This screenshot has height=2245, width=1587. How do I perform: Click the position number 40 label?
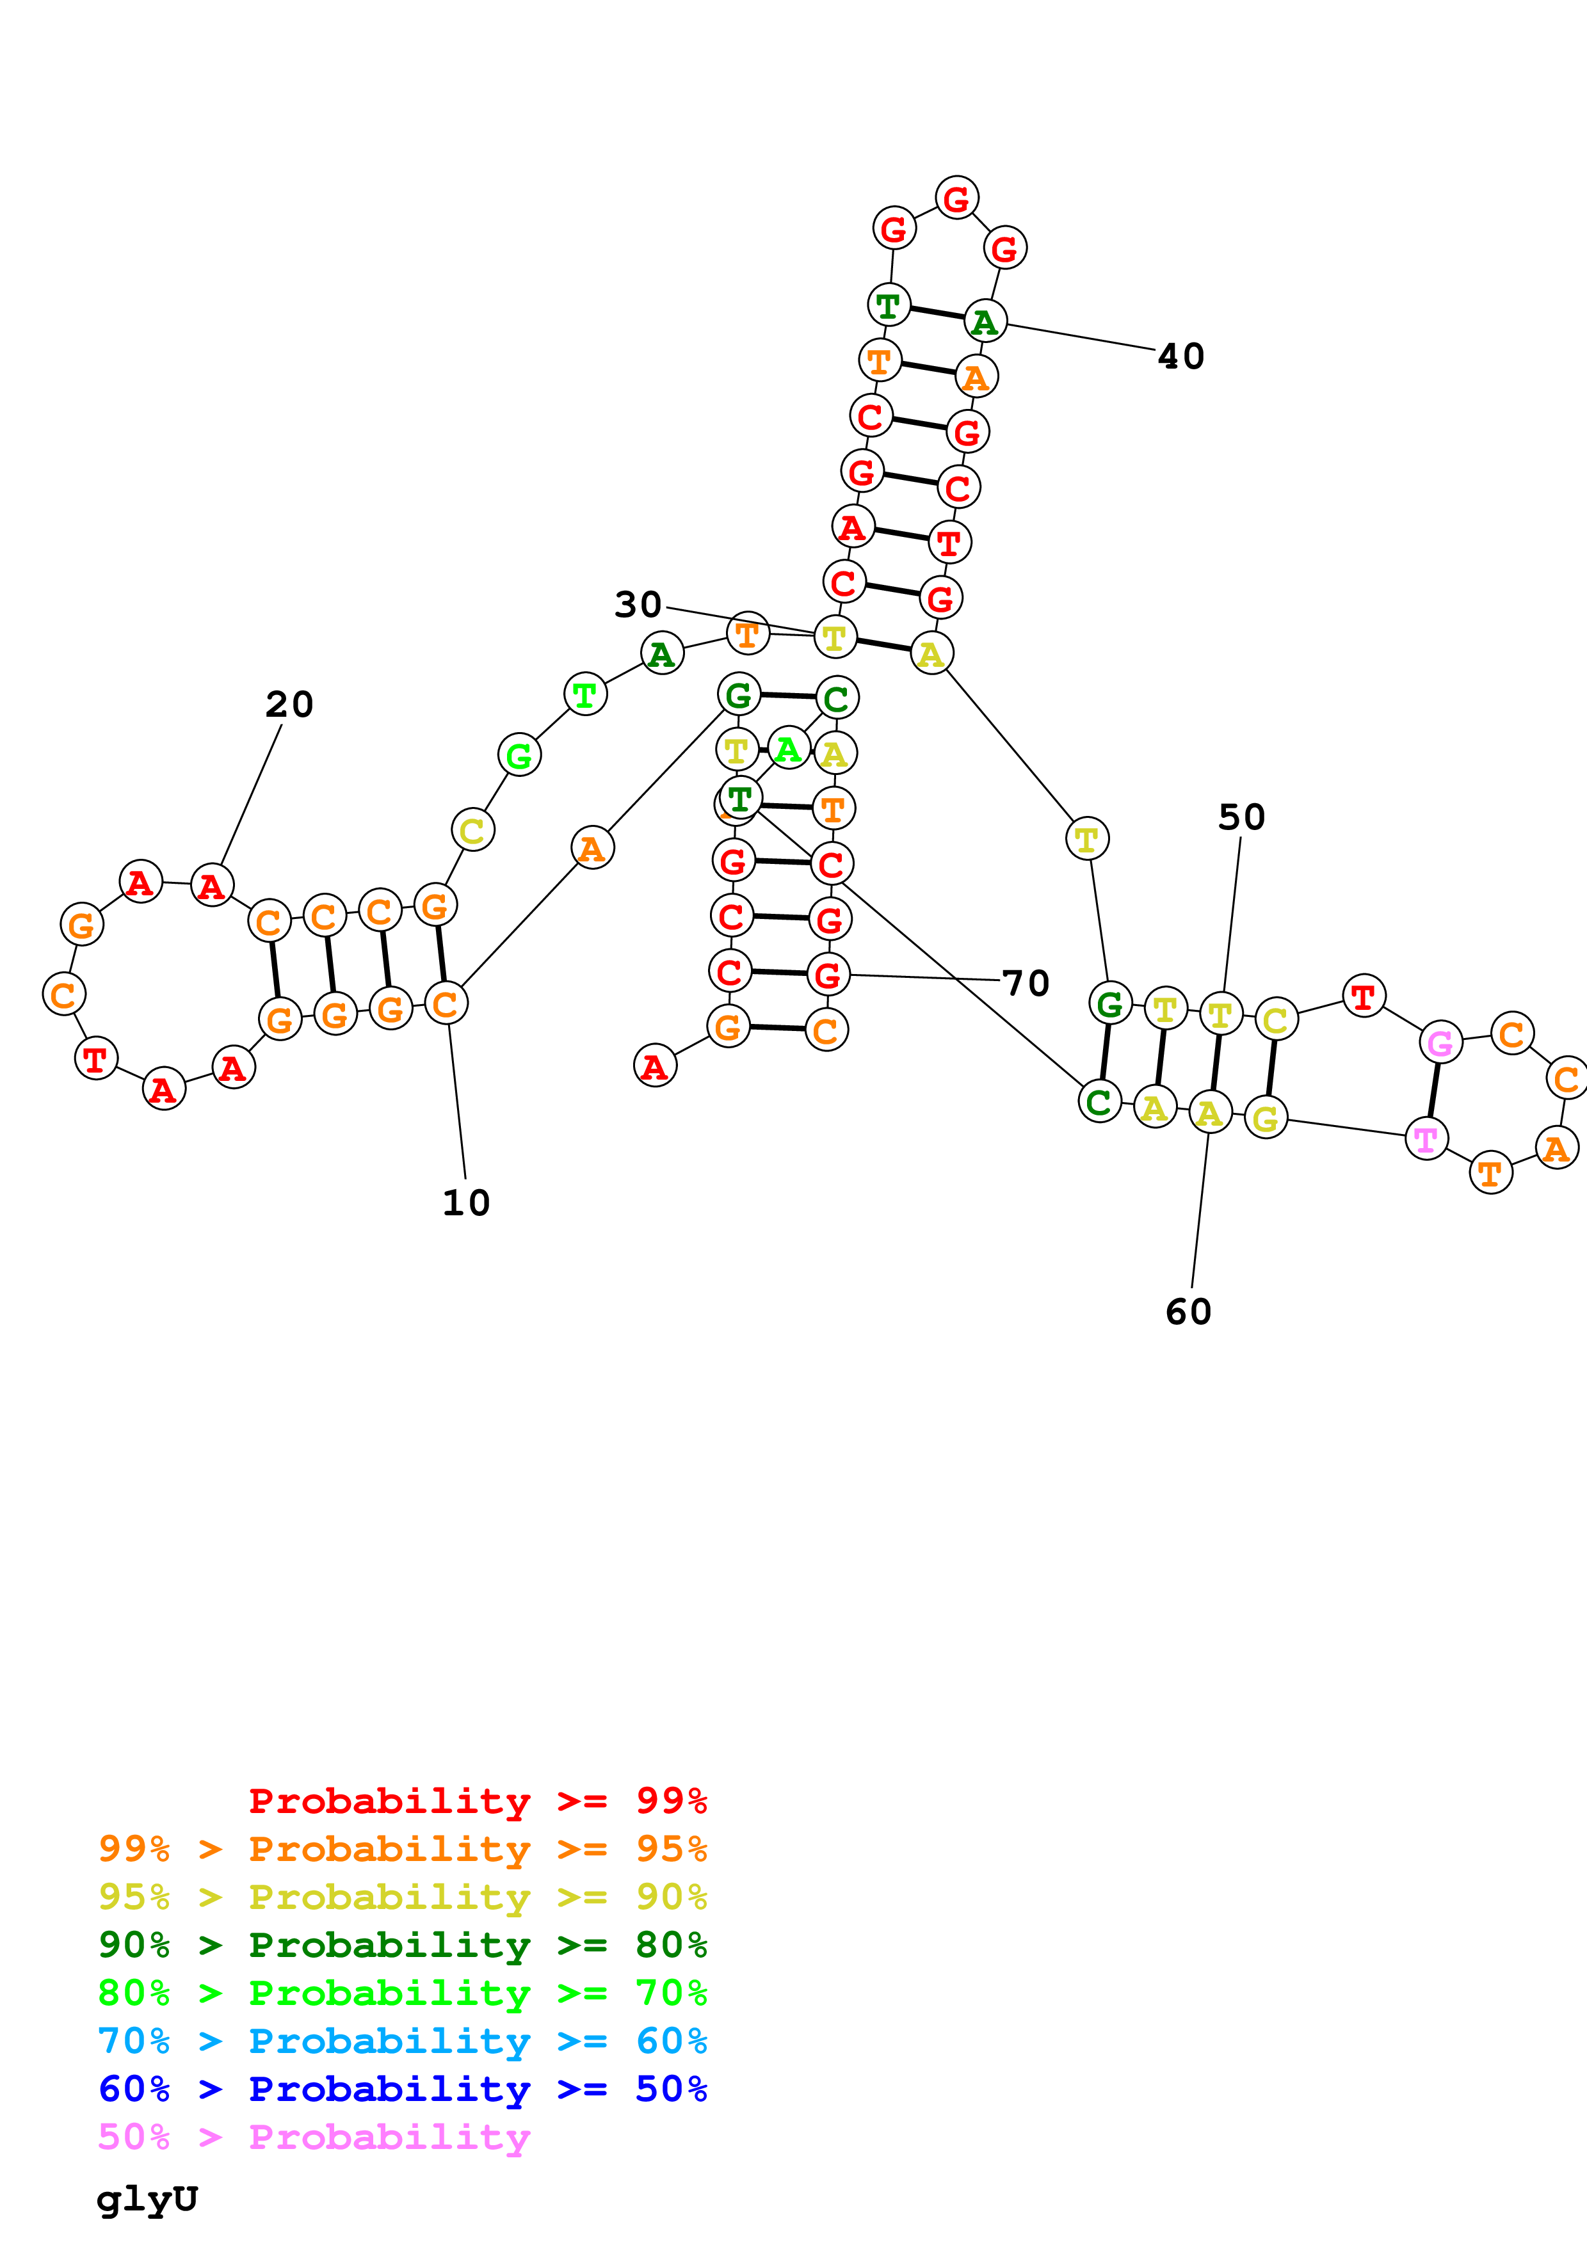coord(1180,356)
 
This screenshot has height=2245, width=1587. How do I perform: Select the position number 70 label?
coord(1026,983)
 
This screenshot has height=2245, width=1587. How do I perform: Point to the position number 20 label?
coord(289,704)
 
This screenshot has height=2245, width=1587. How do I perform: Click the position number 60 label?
coord(1188,1311)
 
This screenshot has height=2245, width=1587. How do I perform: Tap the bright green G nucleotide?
coord(519,755)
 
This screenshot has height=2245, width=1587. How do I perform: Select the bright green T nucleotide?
coord(584,694)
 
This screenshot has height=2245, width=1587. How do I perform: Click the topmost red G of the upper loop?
coord(956,198)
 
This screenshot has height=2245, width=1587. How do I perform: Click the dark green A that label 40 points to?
coord(985,322)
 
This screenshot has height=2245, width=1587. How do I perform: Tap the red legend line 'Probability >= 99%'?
coord(477,1800)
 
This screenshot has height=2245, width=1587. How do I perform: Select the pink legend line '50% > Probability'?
coord(314,2136)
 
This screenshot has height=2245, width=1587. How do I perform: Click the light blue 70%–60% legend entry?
coord(402,2041)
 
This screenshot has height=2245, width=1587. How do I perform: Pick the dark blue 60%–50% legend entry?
coord(402,2089)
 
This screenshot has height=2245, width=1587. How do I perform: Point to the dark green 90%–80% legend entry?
coord(402,1945)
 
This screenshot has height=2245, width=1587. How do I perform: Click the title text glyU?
coord(147,2199)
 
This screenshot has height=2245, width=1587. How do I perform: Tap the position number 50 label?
coord(1241,817)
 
